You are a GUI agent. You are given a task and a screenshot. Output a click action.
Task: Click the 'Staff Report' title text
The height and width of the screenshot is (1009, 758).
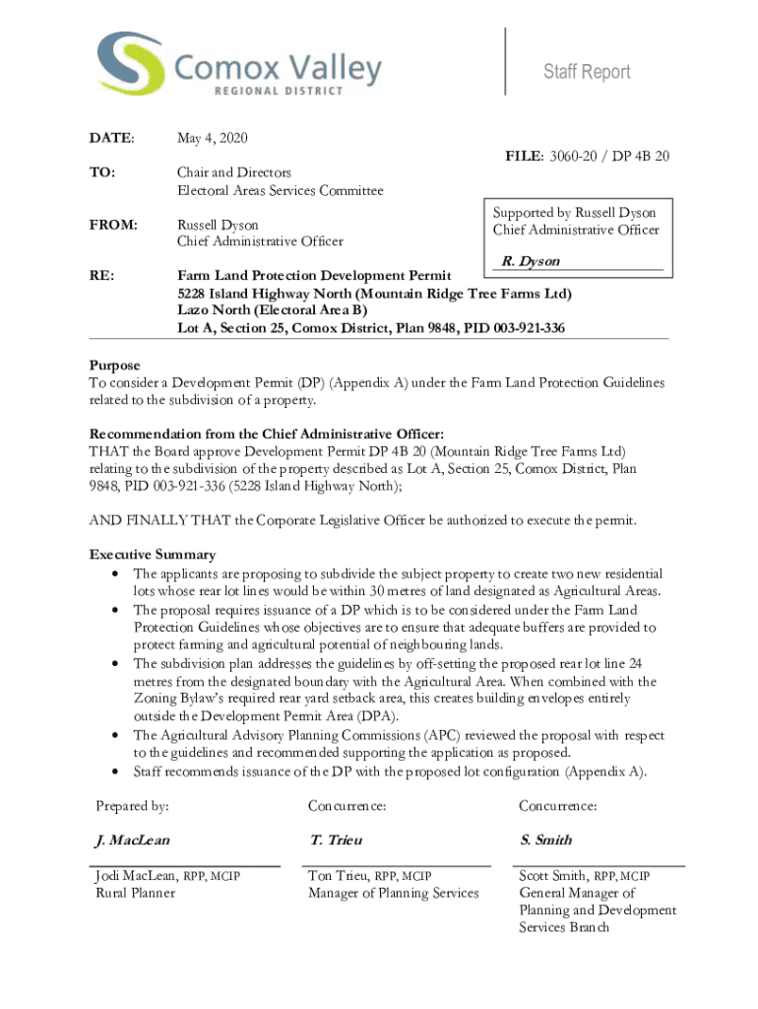(588, 72)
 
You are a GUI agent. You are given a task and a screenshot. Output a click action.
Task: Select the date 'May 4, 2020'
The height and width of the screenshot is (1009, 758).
(214, 137)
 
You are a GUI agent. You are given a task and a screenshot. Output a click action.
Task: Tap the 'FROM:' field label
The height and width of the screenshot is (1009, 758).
(111, 224)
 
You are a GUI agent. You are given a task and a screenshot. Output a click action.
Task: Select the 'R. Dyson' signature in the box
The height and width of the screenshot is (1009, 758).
(531, 261)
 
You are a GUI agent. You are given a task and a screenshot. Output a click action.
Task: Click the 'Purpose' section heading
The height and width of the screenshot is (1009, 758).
(115, 365)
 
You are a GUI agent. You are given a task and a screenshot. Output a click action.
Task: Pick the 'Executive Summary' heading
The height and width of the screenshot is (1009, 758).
(153, 555)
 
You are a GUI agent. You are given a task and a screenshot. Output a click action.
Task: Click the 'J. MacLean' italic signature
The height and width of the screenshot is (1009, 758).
(132, 841)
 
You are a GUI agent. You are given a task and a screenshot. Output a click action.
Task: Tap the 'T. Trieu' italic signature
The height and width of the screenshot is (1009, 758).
(336, 841)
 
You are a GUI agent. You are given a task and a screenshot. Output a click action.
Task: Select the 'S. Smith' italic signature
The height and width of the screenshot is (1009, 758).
(545, 841)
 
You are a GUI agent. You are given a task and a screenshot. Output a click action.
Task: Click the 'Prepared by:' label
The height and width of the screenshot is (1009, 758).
(132, 806)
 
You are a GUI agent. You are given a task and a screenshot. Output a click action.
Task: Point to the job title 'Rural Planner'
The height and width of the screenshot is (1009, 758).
(135, 893)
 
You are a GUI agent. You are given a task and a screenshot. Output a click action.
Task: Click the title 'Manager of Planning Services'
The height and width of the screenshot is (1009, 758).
(393, 893)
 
